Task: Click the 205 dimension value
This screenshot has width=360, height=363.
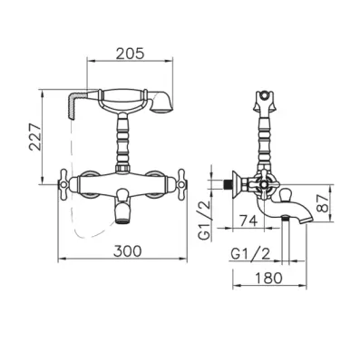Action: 131,54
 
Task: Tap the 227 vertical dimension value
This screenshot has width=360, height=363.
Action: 34,137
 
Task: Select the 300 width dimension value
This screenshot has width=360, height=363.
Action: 127,250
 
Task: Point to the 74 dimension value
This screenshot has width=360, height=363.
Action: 248,221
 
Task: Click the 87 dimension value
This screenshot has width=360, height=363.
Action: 323,203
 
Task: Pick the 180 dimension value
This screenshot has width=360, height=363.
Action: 268,278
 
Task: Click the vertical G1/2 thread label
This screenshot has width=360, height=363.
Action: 205,221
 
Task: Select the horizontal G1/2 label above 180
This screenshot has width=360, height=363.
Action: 250,254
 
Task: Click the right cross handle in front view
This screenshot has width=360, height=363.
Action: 182,184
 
